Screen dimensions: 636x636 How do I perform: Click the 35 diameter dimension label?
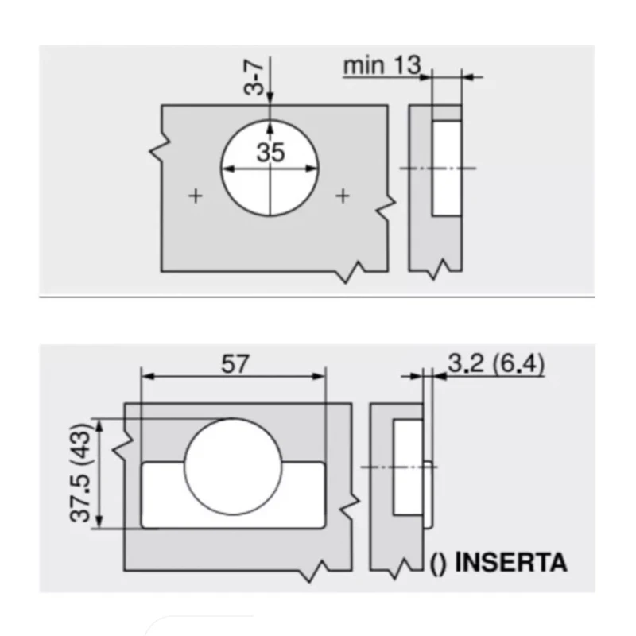(x=270, y=153)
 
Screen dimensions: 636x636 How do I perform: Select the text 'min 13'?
(x=382, y=65)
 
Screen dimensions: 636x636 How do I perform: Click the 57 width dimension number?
(x=235, y=364)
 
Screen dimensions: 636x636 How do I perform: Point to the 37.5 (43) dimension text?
(x=79, y=472)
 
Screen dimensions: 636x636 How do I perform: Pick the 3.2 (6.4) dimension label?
(x=495, y=363)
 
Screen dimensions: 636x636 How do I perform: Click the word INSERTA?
(x=510, y=563)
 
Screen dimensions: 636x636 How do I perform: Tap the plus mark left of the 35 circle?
(x=196, y=196)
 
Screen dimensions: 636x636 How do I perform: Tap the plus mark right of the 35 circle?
(x=343, y=196)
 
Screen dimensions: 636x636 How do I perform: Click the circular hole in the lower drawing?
(x=233, y=467)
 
